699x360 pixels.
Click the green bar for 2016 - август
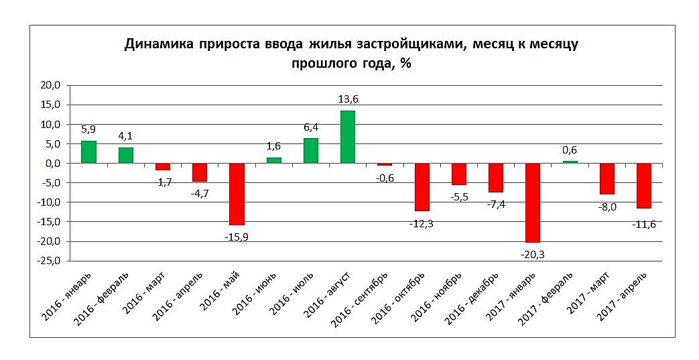coord(347,137)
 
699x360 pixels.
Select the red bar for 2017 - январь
coord(533,202)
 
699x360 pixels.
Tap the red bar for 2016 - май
coord(237,194)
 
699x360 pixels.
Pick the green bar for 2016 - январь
coord(88,152)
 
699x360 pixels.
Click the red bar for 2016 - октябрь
coord(422,187)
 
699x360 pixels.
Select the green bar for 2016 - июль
coord(310,151)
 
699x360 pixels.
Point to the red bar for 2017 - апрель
coord(644,186)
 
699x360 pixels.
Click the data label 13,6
coord(348,100)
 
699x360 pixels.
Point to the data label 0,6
coord(570,151)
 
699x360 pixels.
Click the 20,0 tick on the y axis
coord(50,85)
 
